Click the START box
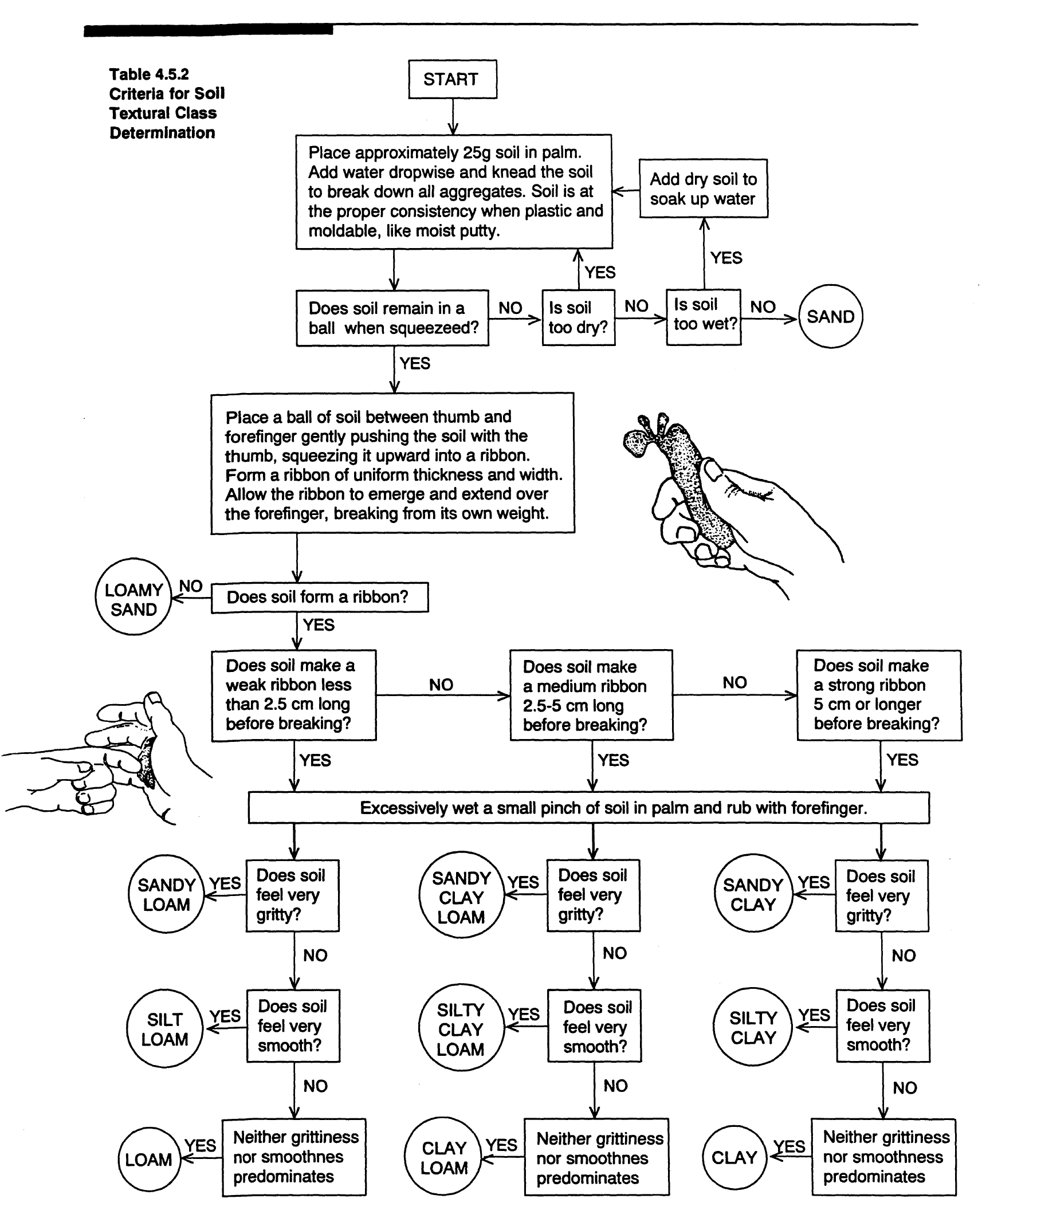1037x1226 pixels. point(452,79)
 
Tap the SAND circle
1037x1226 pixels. point(830,317)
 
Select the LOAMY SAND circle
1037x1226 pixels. point(133,597)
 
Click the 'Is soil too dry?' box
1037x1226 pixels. point(578,317)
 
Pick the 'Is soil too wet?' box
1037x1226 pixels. point(704,316)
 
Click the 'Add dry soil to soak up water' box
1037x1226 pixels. point(703,188)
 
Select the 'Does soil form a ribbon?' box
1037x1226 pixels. point(319,597)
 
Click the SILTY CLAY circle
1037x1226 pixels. point(753,1028)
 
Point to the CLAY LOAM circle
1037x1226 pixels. point(444,1158)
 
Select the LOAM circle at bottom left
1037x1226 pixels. point(150,1160)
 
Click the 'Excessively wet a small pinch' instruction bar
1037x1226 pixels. point(588,808)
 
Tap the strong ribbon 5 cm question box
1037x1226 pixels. point(879,695)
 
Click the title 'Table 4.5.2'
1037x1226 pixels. point(150,74)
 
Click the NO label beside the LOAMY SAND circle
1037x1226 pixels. point(190,586)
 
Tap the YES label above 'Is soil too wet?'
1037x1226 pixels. point(726,258)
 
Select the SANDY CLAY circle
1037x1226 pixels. point(753,894)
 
